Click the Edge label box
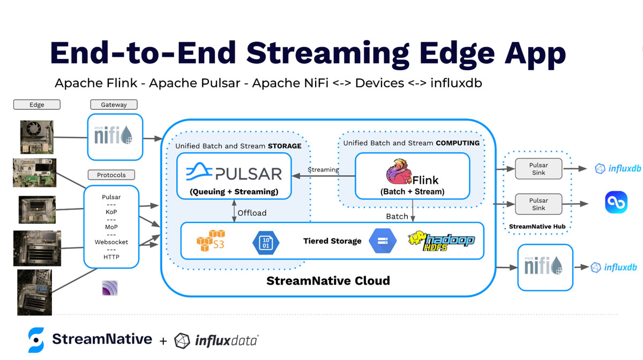pos(36,104)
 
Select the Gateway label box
pos(114,104)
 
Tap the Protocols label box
pos(111,175)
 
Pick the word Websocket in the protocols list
pos(111,242)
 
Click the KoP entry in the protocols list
pos(111,212)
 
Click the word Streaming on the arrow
pos(323,170)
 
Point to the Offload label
pos(252,213)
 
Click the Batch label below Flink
pos(397,216)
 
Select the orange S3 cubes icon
pos(211,241)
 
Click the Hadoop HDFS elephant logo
pos(441,241)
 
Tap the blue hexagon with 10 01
pos(266,241)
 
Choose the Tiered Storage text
pos(332,241)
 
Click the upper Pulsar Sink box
pos(539,169)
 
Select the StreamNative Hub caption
pos(538,227)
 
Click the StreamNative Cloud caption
pos(328,281)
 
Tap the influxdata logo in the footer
pos(216,340)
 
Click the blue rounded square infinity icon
pos(616,203)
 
